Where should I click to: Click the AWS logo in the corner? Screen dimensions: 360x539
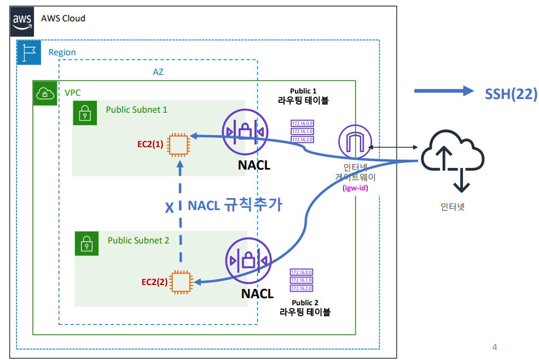coord(22,21)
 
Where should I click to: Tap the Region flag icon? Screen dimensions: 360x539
coord(28,52)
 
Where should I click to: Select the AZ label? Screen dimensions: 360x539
coord(158,72)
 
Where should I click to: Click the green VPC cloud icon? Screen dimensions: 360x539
coord(44,93)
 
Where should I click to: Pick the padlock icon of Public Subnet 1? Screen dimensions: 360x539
coord(85,113)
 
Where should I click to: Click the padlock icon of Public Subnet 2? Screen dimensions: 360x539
coord(86,243)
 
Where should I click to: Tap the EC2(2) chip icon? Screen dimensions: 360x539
coord(181,282)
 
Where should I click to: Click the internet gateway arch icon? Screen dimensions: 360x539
coord(355,141)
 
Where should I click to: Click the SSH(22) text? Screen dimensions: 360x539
coord(511,94)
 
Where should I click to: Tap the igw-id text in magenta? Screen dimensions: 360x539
coord(355,188)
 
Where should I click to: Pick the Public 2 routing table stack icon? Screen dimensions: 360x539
coord(302,280)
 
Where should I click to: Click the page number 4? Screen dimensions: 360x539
coord(495,347)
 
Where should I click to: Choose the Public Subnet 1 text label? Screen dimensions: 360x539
coord(136,109)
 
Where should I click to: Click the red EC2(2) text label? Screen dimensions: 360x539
coord(154,282)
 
